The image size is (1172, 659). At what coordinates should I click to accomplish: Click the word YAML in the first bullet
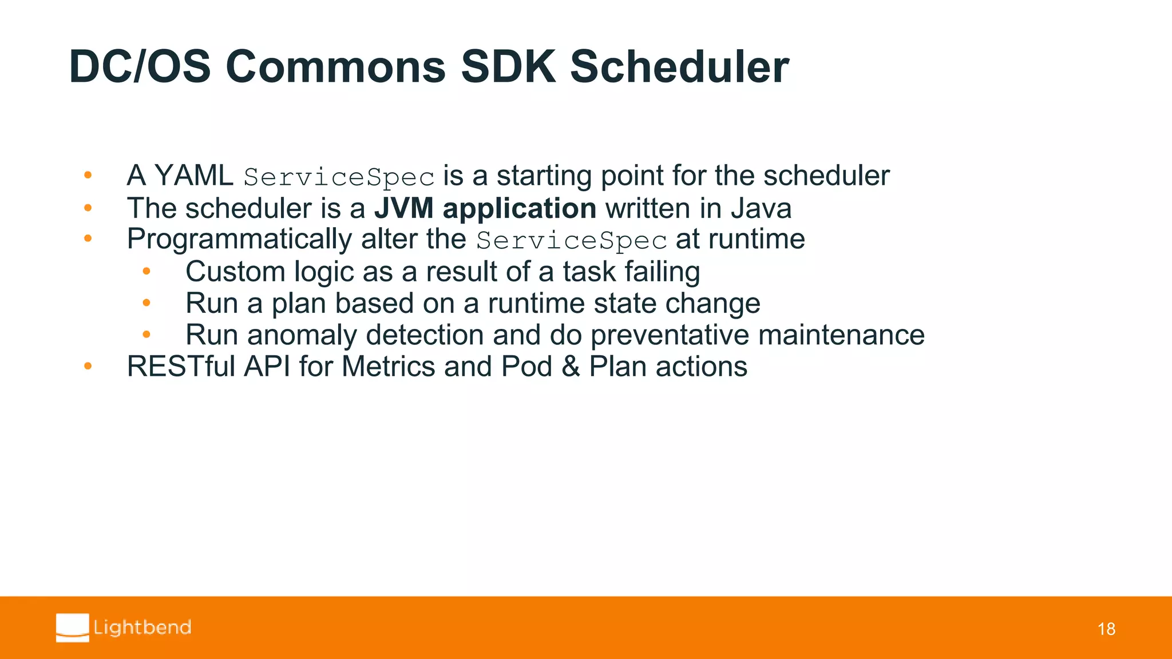coord(193,176)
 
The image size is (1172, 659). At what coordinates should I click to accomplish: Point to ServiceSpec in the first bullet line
coord(339,177)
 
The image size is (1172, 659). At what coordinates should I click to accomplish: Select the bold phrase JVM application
coord(485,208)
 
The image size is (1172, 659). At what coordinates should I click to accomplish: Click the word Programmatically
coord(239,240)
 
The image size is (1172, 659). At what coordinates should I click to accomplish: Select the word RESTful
coord(181,367)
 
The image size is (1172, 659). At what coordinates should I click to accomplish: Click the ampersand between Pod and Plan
coord(571,367)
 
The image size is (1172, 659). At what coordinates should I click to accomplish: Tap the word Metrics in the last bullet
coord(388,367)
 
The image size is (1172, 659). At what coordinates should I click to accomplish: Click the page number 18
coord(1106,629)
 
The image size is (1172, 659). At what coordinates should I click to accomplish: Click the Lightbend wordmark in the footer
coord(142,628)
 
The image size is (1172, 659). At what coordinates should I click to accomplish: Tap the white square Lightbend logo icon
coord(73,628)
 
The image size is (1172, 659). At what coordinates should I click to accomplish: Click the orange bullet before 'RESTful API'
coord(88,366)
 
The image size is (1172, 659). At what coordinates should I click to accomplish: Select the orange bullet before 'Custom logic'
coord(146,272)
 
